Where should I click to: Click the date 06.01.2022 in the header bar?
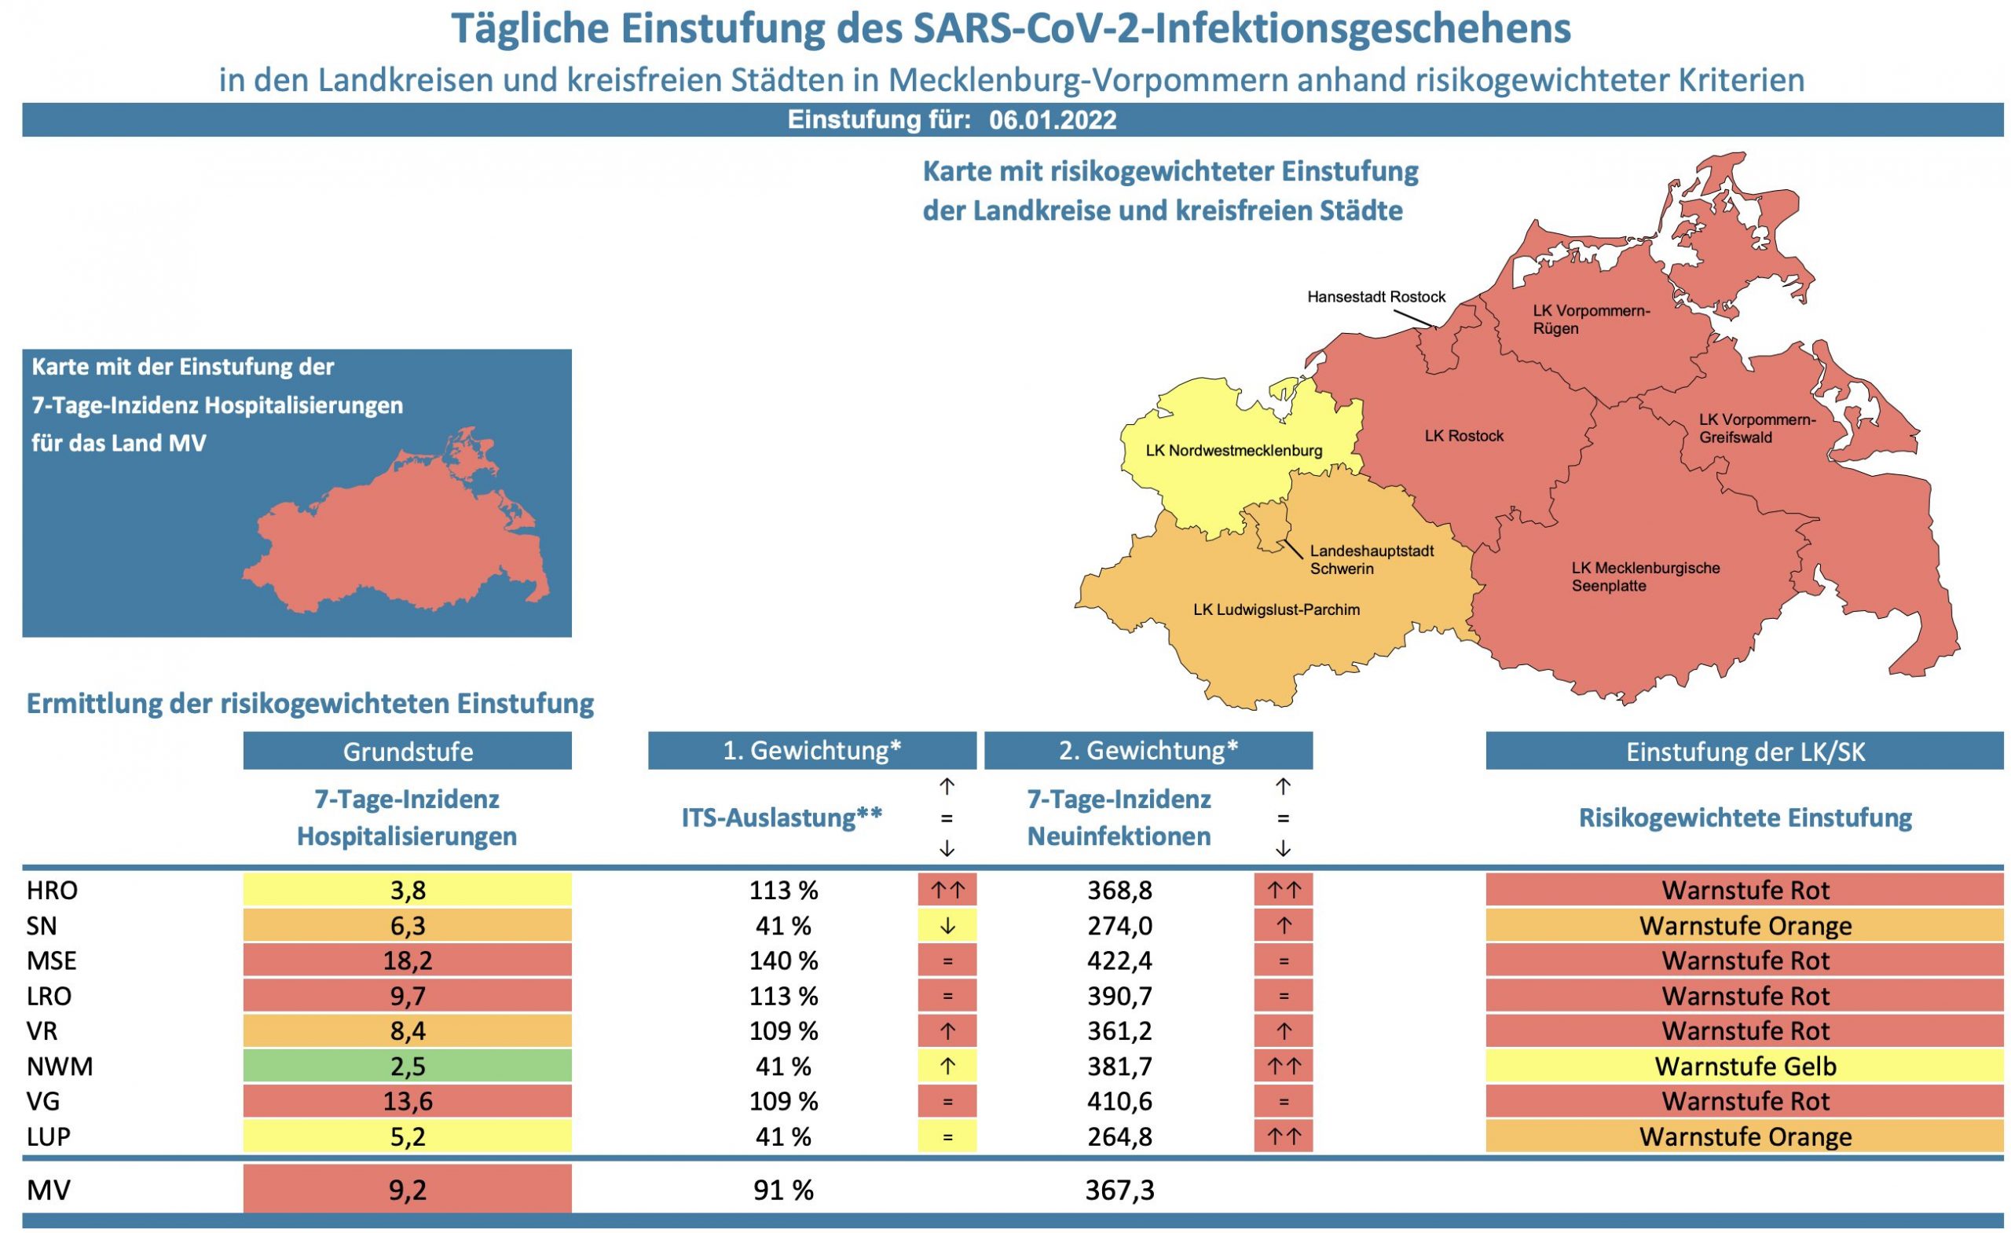(1052, 121)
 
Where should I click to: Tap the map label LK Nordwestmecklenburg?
(1233, 451)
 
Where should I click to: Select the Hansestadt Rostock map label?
(1376, 297)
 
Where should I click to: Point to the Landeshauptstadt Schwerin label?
(1371, 560)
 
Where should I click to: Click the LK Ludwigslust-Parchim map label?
(1277, 609)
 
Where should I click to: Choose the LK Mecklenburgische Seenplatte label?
(1646, 577)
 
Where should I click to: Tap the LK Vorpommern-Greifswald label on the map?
(1757, 428)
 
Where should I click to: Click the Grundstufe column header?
(407, 751)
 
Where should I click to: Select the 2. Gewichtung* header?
(1148, 750)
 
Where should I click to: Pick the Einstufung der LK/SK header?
(1745, 751)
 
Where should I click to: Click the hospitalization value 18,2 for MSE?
(407, 960)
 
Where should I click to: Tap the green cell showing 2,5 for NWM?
(407, 1066)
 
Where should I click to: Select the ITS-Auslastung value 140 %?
(783, 960)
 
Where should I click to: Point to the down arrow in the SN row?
(947, 926)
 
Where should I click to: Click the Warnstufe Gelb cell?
(1745, 1066)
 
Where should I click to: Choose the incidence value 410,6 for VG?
(1119, 1101)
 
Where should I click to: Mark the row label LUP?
(49, 1136)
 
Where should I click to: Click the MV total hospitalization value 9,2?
(407, 1190)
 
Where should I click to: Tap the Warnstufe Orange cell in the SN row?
(1745, 926)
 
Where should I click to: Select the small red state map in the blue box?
(396, 526)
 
